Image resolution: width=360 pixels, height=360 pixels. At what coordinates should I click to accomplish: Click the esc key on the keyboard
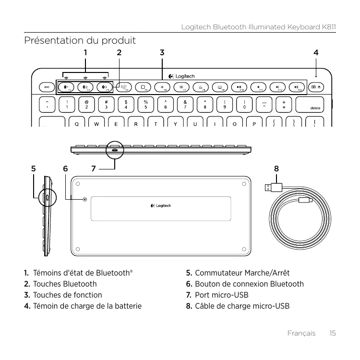tap(47, 87)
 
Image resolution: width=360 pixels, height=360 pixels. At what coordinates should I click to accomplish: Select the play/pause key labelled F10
tap(239, 87)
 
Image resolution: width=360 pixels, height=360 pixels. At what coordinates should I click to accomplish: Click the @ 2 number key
tap(86, 104)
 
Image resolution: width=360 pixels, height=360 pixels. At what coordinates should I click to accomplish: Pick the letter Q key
tap(77, 123)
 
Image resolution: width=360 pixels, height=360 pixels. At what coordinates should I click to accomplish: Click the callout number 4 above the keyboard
tap(315, 51)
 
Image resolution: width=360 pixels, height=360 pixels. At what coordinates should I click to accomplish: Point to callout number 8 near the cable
tap(276, 168)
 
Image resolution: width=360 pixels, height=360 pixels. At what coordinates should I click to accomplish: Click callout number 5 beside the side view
tap(33, 168)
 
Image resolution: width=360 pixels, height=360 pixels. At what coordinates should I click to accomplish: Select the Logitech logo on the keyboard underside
tap(160, 206)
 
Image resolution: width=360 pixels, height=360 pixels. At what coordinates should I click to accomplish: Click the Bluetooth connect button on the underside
tap(85, 199)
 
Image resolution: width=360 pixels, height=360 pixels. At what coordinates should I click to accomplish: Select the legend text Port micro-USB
tap(221, 294)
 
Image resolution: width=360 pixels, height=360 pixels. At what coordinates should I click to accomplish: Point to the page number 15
tap(333, 333)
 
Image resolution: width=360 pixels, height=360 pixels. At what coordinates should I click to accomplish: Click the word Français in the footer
tap(301, 333)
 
